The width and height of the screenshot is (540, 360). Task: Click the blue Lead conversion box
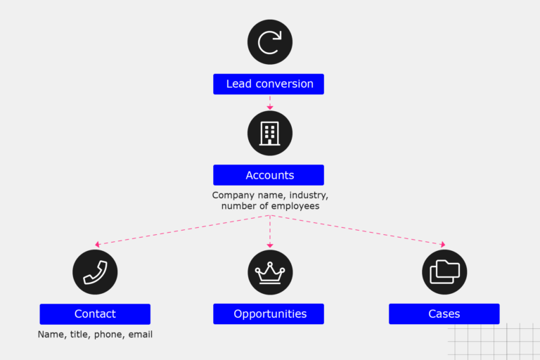point(269,84)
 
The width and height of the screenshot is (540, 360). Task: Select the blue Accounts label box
point(269,175)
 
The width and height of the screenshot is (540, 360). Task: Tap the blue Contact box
point(95,314)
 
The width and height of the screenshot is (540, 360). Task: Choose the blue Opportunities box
point(269,314)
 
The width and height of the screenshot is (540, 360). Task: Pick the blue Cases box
point(444,314)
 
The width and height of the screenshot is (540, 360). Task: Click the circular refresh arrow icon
point(269,42)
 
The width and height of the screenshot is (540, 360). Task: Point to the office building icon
point(269,133)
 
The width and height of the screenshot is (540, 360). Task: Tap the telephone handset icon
point(95,272)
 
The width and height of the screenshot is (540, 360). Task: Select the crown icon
point(269,272)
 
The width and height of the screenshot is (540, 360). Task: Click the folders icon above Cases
point(444,272)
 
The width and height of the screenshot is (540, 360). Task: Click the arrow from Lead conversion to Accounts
point(269,103)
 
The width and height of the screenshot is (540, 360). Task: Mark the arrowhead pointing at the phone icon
point(98,245)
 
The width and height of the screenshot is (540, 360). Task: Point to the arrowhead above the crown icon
point(269,245)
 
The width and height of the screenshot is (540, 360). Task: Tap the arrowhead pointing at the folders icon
point(442,245)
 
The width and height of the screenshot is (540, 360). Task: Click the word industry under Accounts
point(307,194)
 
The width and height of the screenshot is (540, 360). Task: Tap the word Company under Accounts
point(233,194)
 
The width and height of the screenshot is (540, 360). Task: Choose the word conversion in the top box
point(285,84)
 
